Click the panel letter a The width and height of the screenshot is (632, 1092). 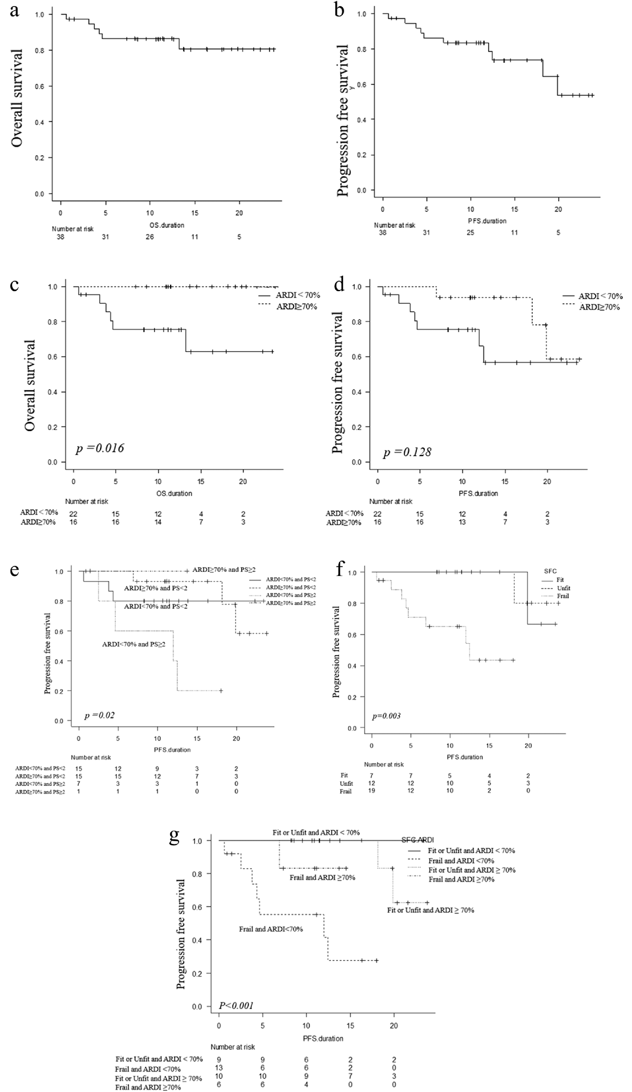(x=15, y=10)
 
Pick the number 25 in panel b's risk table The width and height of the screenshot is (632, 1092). (x=470, y=233)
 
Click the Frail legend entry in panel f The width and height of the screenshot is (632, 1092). (x=563, y=596)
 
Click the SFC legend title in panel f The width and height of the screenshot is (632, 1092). (x=550, y=571)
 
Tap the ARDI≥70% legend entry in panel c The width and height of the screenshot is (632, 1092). (x=297, y=307)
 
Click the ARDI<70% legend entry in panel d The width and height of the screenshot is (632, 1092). (x=600, y=296)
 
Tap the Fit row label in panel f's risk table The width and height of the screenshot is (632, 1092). (x=344, y=775)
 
